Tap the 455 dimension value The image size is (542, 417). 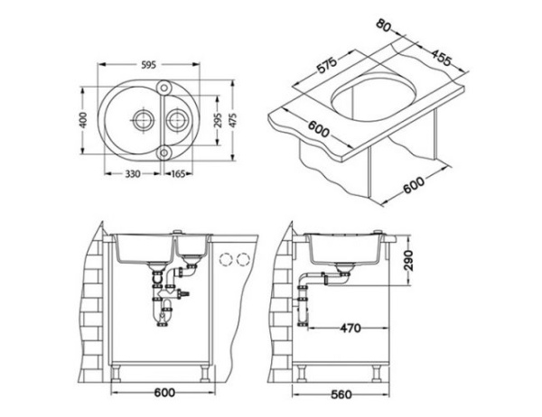click(x=440, y=60)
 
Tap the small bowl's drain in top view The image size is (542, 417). click(x=174, y=119)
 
